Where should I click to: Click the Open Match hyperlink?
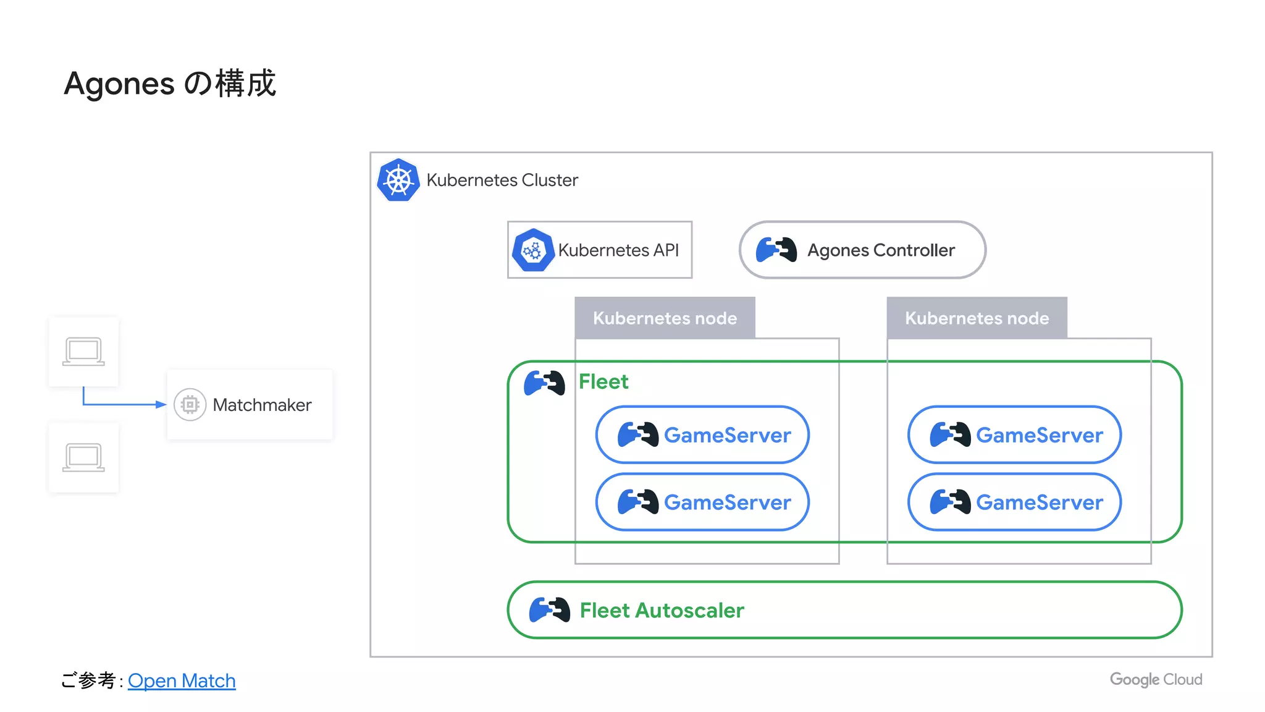click(x=182, y=680)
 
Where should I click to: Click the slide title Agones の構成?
click(x=170, y=83)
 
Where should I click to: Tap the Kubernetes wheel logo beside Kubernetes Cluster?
click(x=398, y=180)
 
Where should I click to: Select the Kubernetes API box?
click(x=599, y=250)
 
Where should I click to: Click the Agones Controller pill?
click(x=862, y=250)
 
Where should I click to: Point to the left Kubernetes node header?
click(x=665, y=318)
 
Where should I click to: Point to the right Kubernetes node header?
click(x=977, y=318)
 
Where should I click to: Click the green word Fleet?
click(x=603, y=381)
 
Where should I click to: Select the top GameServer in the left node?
click(x=702, y=434)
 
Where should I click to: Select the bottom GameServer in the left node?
click(x=702, y=502)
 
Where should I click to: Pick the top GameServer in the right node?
click(x=1014, y=434)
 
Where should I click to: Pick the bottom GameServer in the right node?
click(x=1014, y=502)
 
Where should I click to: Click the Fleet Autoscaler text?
click(x=662, y=610)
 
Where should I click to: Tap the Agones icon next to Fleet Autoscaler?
click(x=550, y=610)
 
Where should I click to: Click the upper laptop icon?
click(x=83, y=352)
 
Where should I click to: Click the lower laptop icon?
click(x=83, y=457)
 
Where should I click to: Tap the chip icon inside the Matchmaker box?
click(x=190, y=405)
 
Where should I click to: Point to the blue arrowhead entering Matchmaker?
click(x=161, y=404)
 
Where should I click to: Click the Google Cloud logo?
click(x=1156, y=679)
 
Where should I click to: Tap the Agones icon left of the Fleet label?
click(x=544, y=383)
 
